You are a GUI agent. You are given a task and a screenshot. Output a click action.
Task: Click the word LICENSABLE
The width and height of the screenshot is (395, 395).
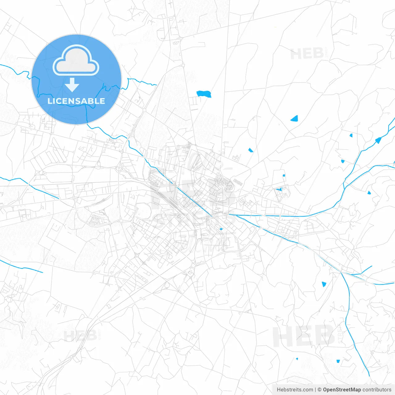click(76, 101)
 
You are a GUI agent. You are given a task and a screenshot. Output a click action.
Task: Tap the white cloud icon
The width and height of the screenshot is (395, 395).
click(76, 61)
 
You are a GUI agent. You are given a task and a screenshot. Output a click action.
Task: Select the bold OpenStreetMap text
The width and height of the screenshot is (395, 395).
click(342, 390)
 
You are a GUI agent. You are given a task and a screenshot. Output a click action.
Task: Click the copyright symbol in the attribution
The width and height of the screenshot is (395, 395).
click(319, 390)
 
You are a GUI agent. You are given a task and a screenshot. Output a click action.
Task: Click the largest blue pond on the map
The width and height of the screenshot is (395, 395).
click(204, 94)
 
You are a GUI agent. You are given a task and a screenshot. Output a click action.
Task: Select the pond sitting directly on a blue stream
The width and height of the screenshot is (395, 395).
click(378, 140)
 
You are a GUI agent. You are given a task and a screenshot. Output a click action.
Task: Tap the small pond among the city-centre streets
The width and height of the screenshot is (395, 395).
click(221, 229)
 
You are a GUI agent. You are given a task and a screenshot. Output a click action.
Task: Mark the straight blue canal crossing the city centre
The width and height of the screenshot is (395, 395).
click(191, 197)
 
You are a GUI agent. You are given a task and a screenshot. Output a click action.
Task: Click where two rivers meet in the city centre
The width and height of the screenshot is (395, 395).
click(229, 214)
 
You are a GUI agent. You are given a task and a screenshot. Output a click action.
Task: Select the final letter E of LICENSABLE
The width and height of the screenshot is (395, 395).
click(102, 101)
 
